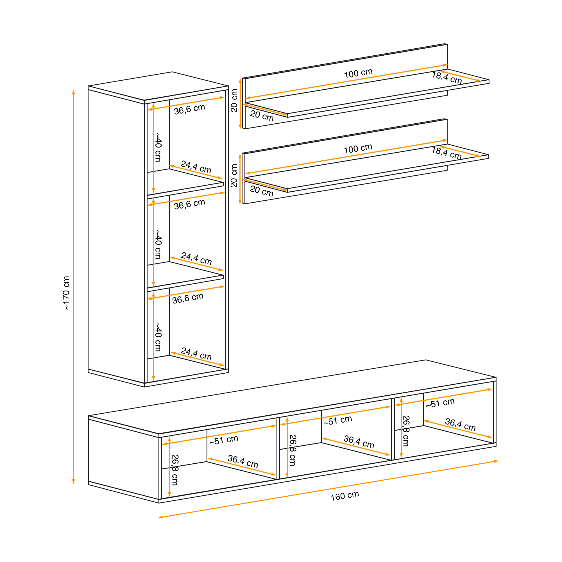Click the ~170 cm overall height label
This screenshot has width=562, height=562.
pyautogui.click(x=67, y=293)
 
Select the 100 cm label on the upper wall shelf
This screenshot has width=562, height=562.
pyautogui.click(x=358, y=73)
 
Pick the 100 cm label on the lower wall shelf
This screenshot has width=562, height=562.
pyautogui.click(x=358, y=149)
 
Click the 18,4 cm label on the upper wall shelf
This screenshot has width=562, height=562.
pyautogui.click(x=447, y=78)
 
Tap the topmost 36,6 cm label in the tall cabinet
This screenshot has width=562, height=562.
pyautogui.click(x=189, y=109)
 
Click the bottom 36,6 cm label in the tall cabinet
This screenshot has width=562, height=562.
pyautogui.click(x=188, y=298)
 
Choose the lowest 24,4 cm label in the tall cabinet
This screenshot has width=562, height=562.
pyautogui.click(x=196, y=354)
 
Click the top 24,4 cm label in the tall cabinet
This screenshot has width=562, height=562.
pyautogui.click(x=196, y=167)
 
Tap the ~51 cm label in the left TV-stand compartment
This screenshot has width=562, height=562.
pyautogui.click(x=224, y=440)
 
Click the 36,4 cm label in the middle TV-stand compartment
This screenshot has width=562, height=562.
pyautogui.click(x=359, y=441)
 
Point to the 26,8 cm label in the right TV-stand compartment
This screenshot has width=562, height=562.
pyautogui.click(x=406, y=431)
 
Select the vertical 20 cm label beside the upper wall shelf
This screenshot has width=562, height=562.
pyautogui.click(x=234, y=100)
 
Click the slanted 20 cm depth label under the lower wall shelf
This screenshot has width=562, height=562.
pyautogui.click(x=262, y=191)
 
